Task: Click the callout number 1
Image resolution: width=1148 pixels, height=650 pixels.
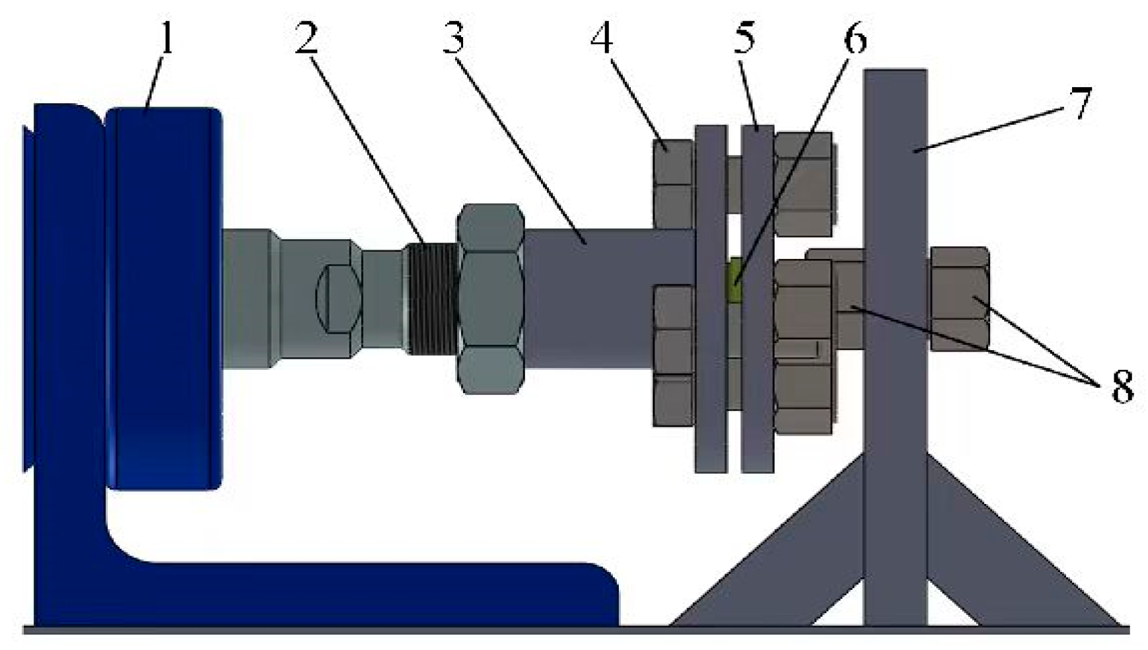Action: [x=166, y=38]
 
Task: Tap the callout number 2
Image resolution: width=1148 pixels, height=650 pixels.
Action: [x=306, y=38]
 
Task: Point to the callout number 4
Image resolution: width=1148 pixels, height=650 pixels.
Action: [x=601, y=38]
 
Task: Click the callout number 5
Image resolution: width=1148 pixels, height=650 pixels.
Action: [x=744, y=38]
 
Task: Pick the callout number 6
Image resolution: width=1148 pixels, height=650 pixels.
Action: [x=855, y=38]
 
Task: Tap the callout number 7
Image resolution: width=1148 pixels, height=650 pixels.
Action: [x=1081, y=102]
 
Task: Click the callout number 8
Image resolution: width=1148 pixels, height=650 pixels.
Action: [x=1122, y=386]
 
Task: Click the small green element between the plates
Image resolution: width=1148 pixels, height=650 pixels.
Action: [x=734, y=281]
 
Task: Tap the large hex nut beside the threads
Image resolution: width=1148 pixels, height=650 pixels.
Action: [x=490, y=299]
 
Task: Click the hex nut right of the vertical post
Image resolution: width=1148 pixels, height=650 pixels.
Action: [x=960, y=299]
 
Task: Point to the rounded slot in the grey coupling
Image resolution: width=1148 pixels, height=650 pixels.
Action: [x=338, y=299]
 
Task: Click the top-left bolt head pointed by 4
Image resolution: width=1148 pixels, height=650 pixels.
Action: [x=672, y=182]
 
